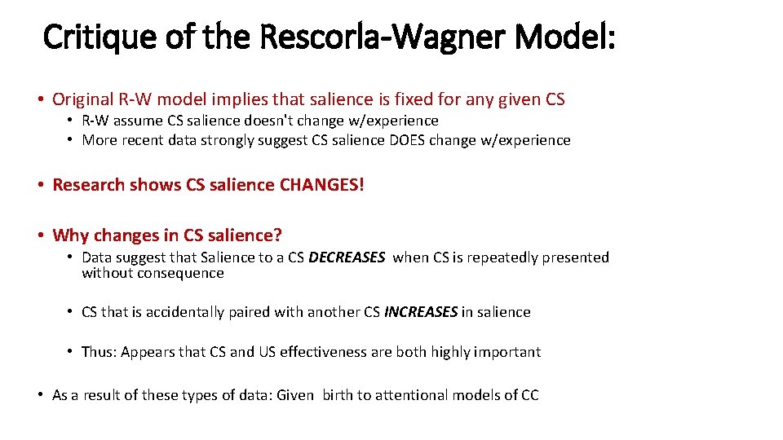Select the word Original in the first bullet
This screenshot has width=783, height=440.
point(82,99)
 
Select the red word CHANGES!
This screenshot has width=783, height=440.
point(322,185)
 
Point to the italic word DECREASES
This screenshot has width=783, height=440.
point(347,257)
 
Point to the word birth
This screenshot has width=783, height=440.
point(338,395)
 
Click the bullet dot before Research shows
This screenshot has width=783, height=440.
point(41,185)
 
